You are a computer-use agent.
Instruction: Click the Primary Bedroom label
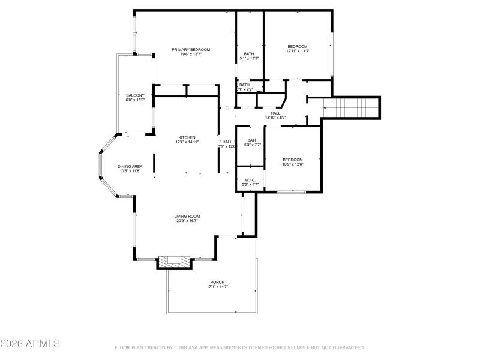tap(191, 50)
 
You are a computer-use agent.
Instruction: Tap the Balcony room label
tap(135, 95)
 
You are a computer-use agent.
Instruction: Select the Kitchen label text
tap(186, 137)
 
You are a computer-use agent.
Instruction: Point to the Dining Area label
tap(129, 166)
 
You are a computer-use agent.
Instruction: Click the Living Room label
tap(187, 216)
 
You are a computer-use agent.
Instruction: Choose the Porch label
tap(217, 282)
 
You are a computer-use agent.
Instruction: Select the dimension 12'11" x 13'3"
tap(298, 52)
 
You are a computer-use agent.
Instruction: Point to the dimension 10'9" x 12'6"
tap(293, 164)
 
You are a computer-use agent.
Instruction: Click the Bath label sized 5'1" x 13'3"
tap(249, 54)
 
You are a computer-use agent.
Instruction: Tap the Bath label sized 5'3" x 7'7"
tap(252, 140)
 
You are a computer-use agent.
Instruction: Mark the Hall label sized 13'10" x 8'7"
tap(275, 113)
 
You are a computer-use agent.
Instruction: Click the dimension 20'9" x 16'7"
tap(187, 221)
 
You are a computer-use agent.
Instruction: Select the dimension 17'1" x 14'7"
tap(217, 287)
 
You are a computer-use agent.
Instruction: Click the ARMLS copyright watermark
tap(30, 344)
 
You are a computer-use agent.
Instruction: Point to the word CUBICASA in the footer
tap(190, 347)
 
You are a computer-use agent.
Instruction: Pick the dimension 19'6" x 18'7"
tap(191, 55)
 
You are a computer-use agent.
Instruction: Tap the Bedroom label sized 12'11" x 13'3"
tap(298, 47)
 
